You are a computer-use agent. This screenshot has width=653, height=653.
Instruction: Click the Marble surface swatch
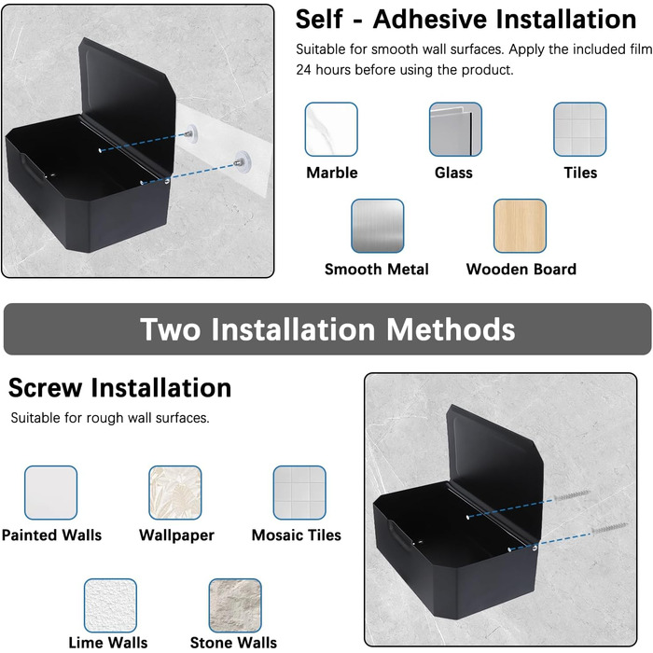331,130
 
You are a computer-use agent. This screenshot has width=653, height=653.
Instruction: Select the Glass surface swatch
455,130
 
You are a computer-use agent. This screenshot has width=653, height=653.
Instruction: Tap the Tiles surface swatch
579,130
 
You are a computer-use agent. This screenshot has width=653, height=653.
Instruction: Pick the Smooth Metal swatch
377,226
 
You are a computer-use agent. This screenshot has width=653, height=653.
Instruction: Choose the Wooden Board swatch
520,226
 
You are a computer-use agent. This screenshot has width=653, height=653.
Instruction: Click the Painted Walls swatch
50,493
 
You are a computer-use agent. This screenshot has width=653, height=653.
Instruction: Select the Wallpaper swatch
175,493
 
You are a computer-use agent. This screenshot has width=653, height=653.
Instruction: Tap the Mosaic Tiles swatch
299,493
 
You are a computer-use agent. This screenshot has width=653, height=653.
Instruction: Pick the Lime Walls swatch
110,605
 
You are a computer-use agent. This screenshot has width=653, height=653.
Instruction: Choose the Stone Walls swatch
235,605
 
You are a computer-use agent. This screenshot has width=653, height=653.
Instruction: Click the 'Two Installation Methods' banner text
327,329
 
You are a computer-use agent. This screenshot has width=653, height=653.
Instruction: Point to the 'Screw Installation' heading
119,388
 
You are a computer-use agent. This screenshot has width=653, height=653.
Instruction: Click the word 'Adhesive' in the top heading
430,20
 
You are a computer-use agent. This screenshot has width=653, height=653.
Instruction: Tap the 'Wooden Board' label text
521,269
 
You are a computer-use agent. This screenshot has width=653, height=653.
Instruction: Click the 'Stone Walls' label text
233,643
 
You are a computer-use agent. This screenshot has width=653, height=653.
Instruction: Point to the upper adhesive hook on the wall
190,132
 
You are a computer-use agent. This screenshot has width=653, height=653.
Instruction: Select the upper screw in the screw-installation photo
571,495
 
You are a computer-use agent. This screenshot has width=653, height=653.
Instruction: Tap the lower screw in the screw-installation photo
609,529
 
